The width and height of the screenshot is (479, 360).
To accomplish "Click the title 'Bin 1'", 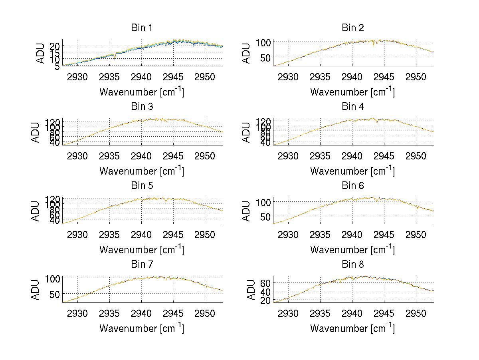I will (142, 28).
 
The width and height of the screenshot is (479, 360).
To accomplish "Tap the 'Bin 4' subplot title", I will (353, 107).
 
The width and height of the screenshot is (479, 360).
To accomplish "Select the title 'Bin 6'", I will (353, 186).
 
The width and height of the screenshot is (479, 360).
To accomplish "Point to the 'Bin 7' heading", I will (142, 265).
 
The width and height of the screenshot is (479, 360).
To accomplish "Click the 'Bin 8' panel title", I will (353, 265).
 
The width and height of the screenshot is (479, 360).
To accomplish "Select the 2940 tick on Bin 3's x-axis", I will (141, 155).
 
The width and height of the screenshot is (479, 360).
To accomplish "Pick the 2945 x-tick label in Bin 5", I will (173, 234).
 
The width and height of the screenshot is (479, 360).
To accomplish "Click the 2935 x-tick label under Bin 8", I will (320, 313).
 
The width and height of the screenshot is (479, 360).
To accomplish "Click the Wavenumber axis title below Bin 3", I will (142, 171).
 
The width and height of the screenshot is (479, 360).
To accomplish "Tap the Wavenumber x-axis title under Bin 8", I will (352, 328).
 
